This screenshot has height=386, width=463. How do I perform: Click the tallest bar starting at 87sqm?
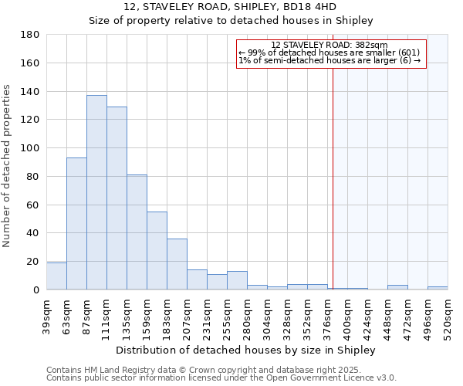[96, 192]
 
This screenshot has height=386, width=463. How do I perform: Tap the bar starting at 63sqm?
[76, 224]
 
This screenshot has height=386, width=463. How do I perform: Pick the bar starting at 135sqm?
[137, 232]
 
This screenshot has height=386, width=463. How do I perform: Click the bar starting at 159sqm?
[157, 250]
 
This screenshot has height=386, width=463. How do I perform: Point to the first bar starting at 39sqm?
[56, 276]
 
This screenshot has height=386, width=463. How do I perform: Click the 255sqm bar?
[237, 281]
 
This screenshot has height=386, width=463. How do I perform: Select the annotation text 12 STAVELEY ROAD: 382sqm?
[330, 45]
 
